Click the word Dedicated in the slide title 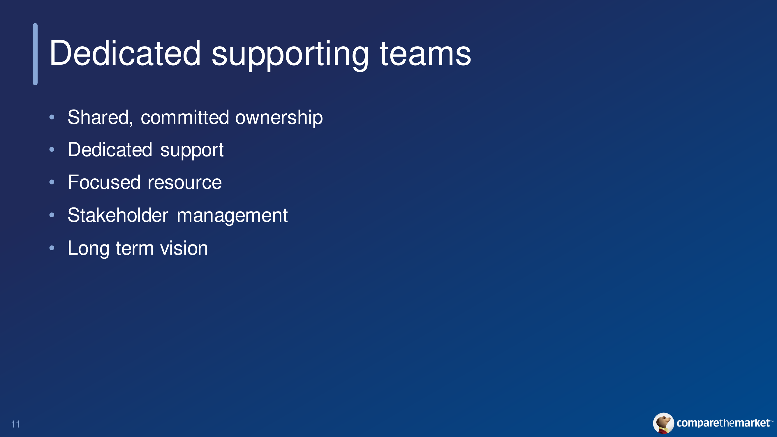coord(125,53)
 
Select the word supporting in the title coord(290,55)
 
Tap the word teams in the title coord(425,54)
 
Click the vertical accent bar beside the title coord(35,54)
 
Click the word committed coord(185,117)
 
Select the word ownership coord(279,118)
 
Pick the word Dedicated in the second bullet coord(110,149)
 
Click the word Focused coord(104,182)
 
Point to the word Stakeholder coord(118,215)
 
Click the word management coord(232,216)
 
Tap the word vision coord(184,248)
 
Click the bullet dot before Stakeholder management coord(52,215)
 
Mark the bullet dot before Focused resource coord(52,182)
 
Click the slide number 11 coord(16,424)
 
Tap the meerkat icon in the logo coord(664,423)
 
